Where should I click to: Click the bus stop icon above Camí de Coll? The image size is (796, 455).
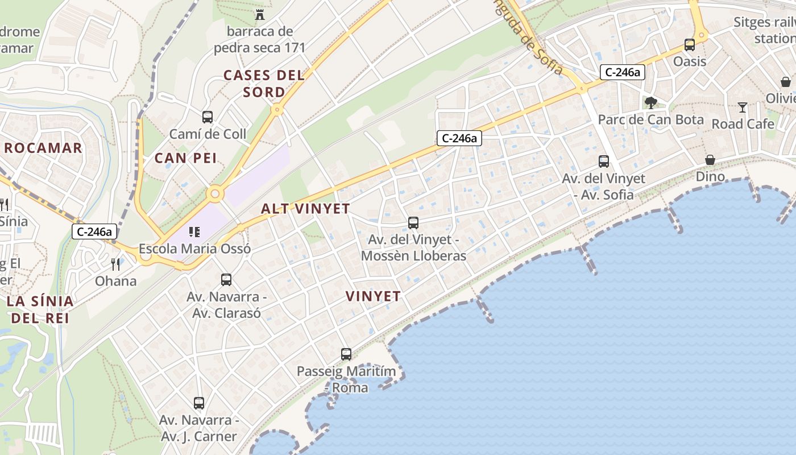click(208, 117)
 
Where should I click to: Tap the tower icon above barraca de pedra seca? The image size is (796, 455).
click(260, 14)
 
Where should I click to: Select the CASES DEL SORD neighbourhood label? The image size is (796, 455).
click(264, 83)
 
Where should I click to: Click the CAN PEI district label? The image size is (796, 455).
click(185, 158)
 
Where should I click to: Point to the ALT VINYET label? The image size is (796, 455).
click(305, 209)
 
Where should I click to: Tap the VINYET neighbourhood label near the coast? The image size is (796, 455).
click(373, 296)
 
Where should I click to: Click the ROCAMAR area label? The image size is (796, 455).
click(43, 148)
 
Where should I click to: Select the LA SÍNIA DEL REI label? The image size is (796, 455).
click(40, 309)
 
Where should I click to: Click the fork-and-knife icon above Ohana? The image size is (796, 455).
click(115, 264)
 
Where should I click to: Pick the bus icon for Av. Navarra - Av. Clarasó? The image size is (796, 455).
click(226, 280)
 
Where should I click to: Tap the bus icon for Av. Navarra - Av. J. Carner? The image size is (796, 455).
click(198, 403)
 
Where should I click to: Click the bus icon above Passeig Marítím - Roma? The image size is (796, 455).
click(346, 354)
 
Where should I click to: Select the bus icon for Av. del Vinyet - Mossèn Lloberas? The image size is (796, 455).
click(413, 223)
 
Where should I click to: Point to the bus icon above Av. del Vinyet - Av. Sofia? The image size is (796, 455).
click(604, 162)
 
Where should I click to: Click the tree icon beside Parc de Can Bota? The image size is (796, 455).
click(650, 103)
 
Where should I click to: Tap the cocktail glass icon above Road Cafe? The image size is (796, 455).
click(743, 107)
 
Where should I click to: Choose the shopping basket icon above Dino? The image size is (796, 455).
click(710, 160)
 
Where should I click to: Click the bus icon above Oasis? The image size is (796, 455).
click(690, 44)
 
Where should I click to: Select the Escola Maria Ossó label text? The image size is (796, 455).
click(194, 249)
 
